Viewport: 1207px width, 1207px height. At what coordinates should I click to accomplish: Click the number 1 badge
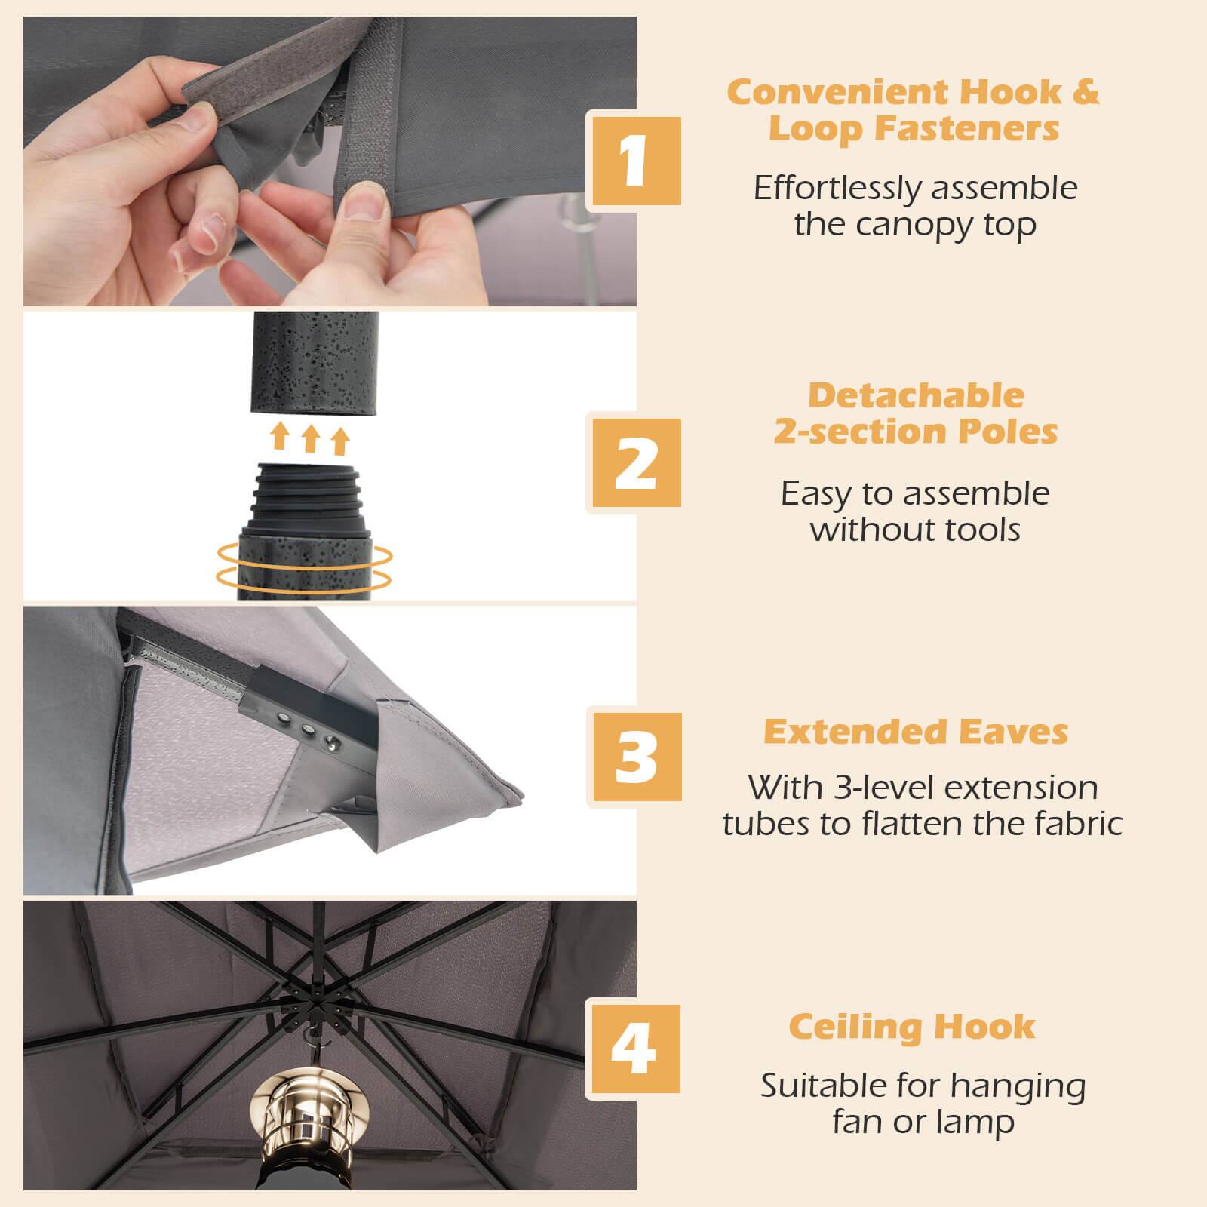coord(634,161)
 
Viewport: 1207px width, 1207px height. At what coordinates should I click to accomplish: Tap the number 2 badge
coord(634,462)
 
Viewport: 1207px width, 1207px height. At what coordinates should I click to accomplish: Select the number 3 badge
coord(634,756)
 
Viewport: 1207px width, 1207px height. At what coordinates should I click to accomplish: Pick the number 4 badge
coord(634,1049)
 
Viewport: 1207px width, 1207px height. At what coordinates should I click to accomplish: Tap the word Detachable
coord(916,395)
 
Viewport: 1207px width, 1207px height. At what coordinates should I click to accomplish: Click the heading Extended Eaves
coord(916,732)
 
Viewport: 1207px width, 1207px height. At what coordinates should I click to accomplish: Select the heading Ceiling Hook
coord(912,1027)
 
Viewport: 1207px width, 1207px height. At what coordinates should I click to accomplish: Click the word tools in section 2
coord(981,530)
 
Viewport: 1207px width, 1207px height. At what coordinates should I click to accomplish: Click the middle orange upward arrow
coord(310,438)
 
